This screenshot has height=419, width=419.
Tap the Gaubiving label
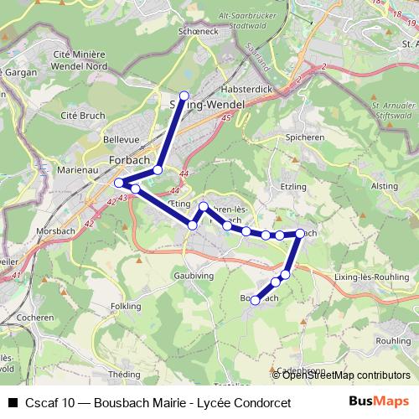pyautogui.click(x=194, y=275)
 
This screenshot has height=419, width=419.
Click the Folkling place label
pyautogui.click(x=126, y=307)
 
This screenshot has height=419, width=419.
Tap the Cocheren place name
pyautogui.click(x=34, y=318)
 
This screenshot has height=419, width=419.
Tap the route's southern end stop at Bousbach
pyautogui.click(x=256, y=301)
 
